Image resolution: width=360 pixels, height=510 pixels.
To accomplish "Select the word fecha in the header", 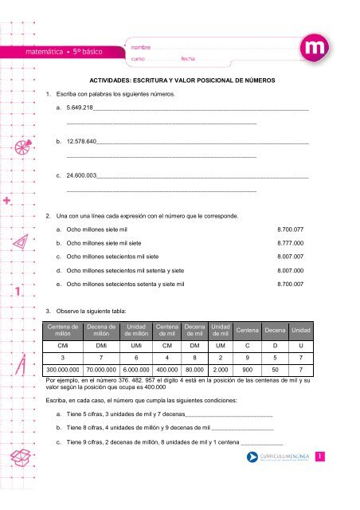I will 188,58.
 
